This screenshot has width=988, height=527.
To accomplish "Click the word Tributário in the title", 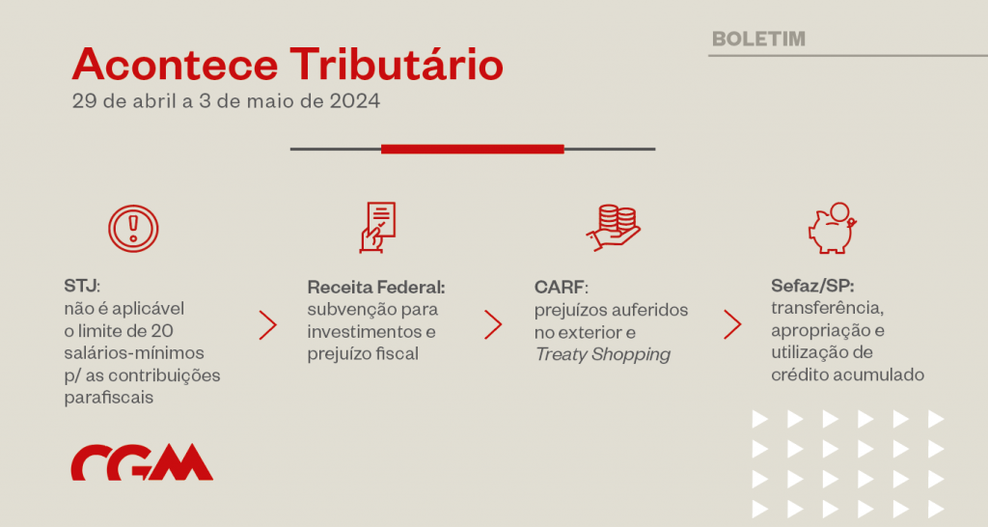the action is pos(397,65).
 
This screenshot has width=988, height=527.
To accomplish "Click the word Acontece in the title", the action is pos(176,65).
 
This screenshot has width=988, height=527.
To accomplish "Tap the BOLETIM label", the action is pos(758,39).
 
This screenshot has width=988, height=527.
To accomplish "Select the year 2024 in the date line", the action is pos(355,100).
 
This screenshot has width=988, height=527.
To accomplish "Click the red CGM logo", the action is pos(142,462).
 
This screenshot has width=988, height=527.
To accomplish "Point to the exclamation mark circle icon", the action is pos(133,228).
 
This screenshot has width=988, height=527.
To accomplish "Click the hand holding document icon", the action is pos(377,228).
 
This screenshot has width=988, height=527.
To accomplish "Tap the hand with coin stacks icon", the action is pos(613,228).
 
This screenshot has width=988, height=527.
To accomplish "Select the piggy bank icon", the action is pos(833,228).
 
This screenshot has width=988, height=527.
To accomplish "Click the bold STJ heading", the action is pos(82,287).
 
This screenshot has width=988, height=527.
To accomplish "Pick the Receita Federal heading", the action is pos(376,288).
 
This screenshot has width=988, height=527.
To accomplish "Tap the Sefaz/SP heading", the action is pos(812,287).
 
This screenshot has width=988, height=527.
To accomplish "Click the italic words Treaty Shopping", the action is pos(603,354).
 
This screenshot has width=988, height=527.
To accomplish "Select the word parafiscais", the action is pos(109,398).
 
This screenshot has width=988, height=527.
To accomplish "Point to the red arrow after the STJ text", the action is pos(268,325).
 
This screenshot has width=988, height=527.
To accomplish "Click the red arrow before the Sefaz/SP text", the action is pos(732,324).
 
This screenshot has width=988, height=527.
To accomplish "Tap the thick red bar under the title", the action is pos(473,150).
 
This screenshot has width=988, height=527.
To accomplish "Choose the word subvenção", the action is pos(344,310).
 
